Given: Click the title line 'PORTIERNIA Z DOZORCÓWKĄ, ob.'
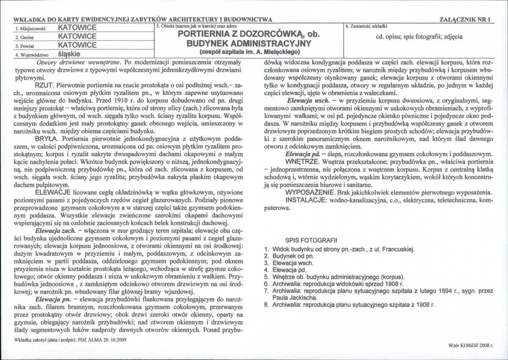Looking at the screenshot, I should click(x=249, y=34).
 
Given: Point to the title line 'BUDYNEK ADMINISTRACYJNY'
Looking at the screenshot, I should click(x=249, y=43).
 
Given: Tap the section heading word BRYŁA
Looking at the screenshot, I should click(x=47, y=138).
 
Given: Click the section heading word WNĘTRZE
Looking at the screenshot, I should click(x=302, y=161).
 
